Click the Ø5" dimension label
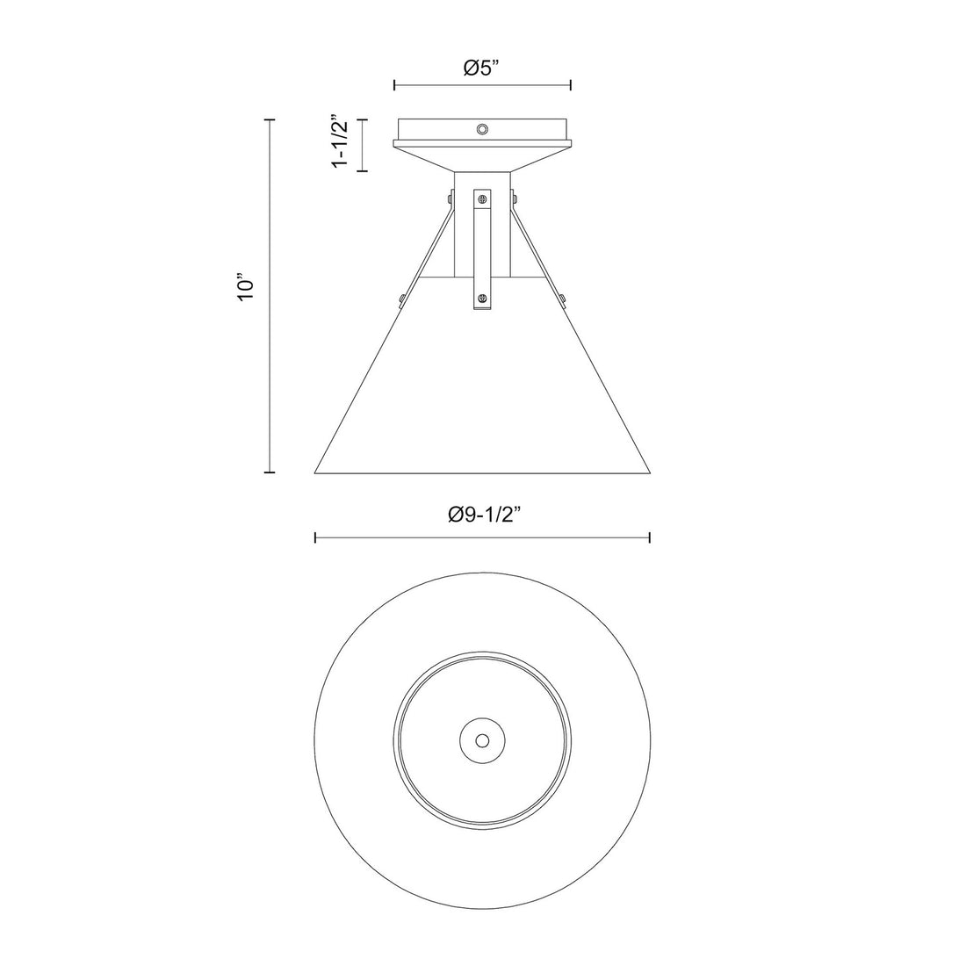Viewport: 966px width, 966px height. point(481,68)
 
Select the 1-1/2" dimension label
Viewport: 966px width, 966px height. point(339,141)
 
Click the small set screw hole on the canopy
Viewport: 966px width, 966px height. point(481,130)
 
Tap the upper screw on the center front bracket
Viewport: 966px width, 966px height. point(481,201)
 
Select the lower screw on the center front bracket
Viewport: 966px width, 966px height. point(481,299)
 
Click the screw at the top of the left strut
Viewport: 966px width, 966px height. point(450,201)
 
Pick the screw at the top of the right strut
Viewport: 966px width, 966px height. point(515,200)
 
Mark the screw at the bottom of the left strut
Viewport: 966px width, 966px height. point(401,299)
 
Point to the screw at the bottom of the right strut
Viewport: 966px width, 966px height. point(563,299)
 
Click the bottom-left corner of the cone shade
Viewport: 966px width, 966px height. point(315,472)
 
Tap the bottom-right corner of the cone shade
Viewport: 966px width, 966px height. point(650,472)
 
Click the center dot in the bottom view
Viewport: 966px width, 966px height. point(482,740)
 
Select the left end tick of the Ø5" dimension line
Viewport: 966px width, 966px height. point(394,85)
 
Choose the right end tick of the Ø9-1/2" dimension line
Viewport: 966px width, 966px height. point(649,537)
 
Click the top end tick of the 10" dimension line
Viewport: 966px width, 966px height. point(270,119)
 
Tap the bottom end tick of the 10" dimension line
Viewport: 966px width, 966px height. point(270,472)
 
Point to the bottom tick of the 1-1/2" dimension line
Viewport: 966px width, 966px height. point(361,170)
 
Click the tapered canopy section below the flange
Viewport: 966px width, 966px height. point(481,159)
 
